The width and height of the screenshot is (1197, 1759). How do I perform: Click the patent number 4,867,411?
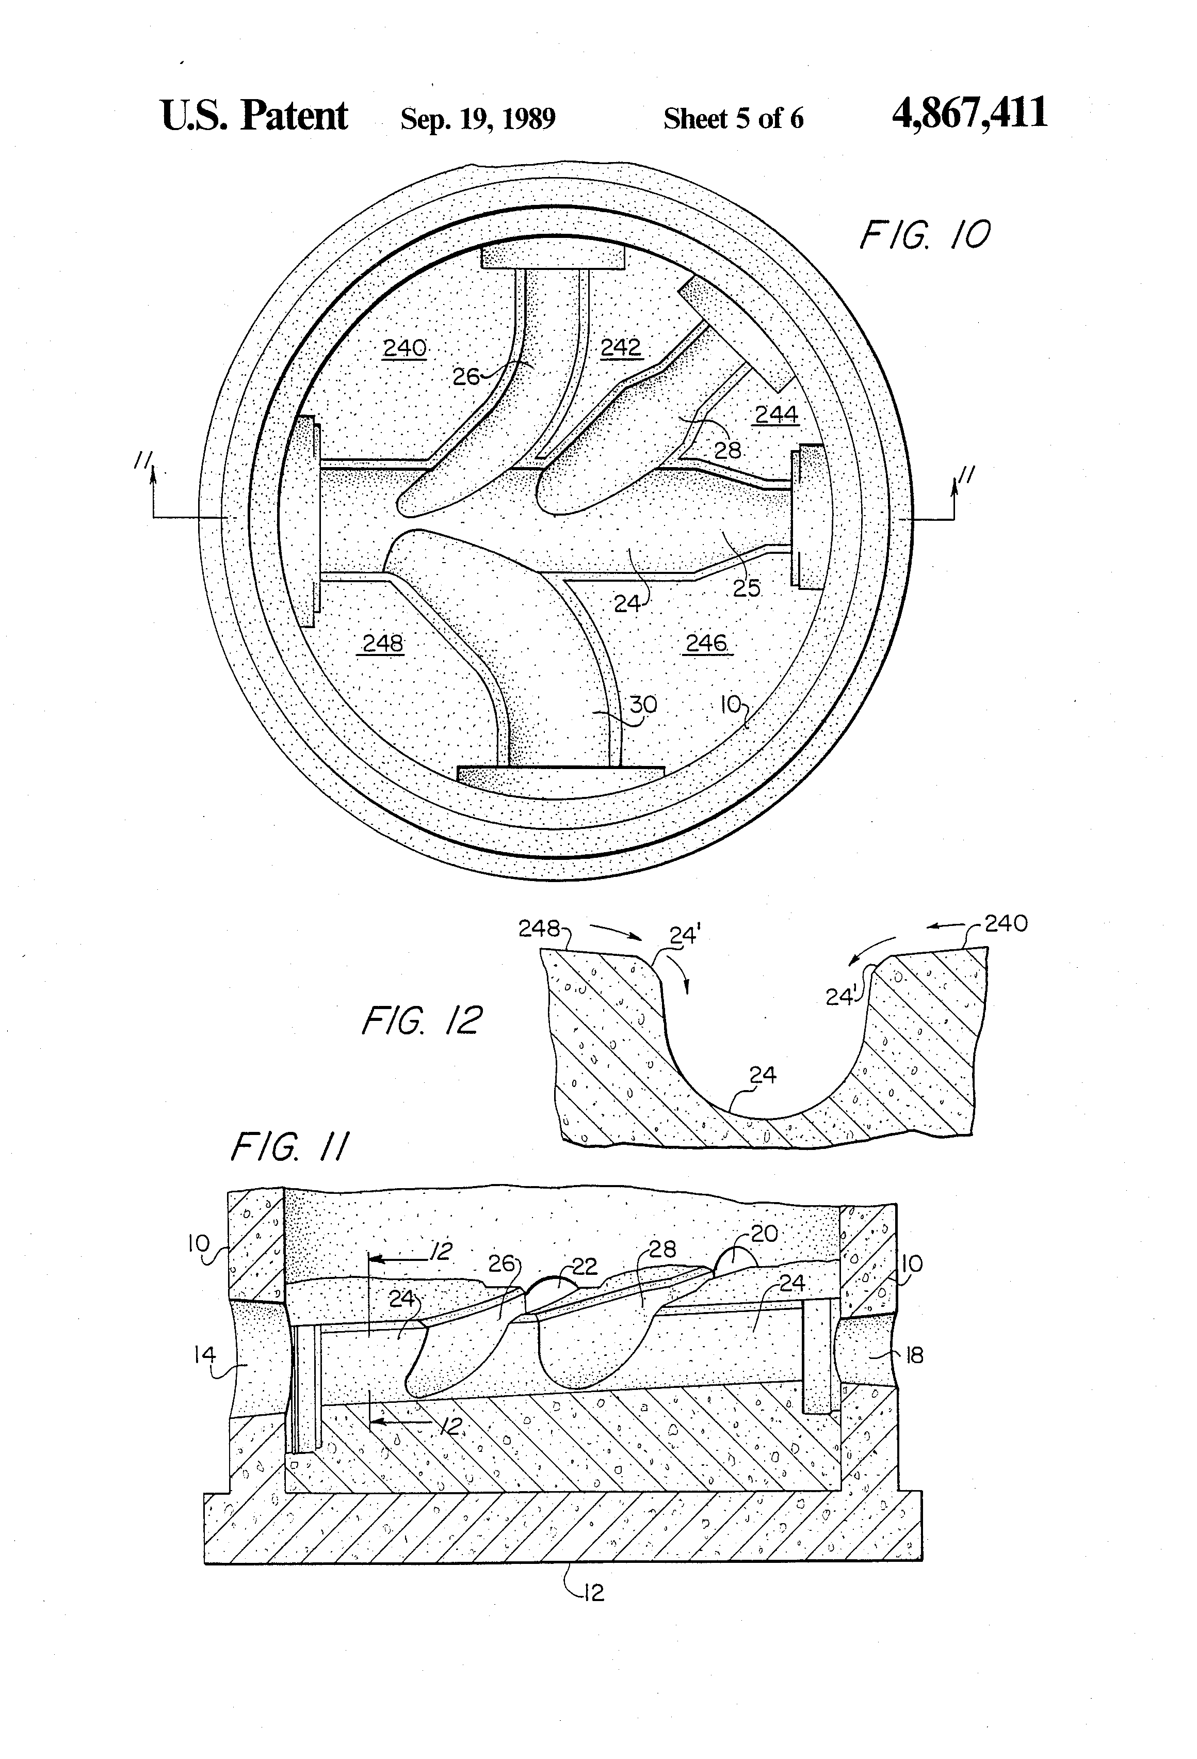[x=969, y=114]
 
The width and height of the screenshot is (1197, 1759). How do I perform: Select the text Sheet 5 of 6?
[x=733, y=119]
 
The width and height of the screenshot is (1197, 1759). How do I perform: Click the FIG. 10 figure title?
[x=924, y=235]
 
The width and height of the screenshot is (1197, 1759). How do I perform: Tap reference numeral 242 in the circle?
[x=621, y=347]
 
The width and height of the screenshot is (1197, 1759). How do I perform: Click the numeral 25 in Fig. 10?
[x=746, y=588]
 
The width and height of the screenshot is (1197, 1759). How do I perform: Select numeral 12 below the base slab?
[x=594, y=1593]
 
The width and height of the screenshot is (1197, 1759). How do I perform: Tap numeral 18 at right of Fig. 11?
[x=914, y=1355]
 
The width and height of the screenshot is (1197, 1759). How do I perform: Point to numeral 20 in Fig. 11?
[x=764, y=1234]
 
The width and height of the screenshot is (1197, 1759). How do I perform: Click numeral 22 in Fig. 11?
[x=584, y=1266]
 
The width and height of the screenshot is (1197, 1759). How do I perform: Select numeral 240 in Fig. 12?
[x=1006, y=923]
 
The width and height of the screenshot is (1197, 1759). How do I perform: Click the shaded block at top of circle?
[x=553, y=256]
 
